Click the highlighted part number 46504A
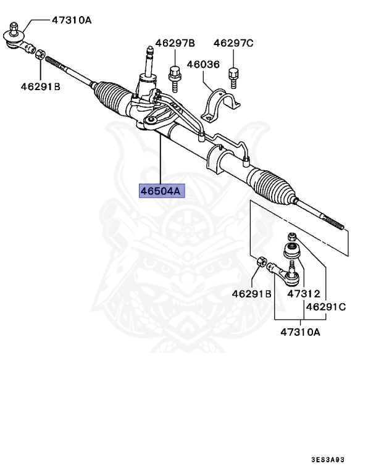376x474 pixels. coord(161,191)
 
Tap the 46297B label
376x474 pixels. coord(175,43)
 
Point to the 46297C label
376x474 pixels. coord(233,43)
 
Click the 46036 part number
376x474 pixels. coord(203,64)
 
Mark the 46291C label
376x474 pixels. coord(325,306)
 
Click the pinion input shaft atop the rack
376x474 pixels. coord(148,62)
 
